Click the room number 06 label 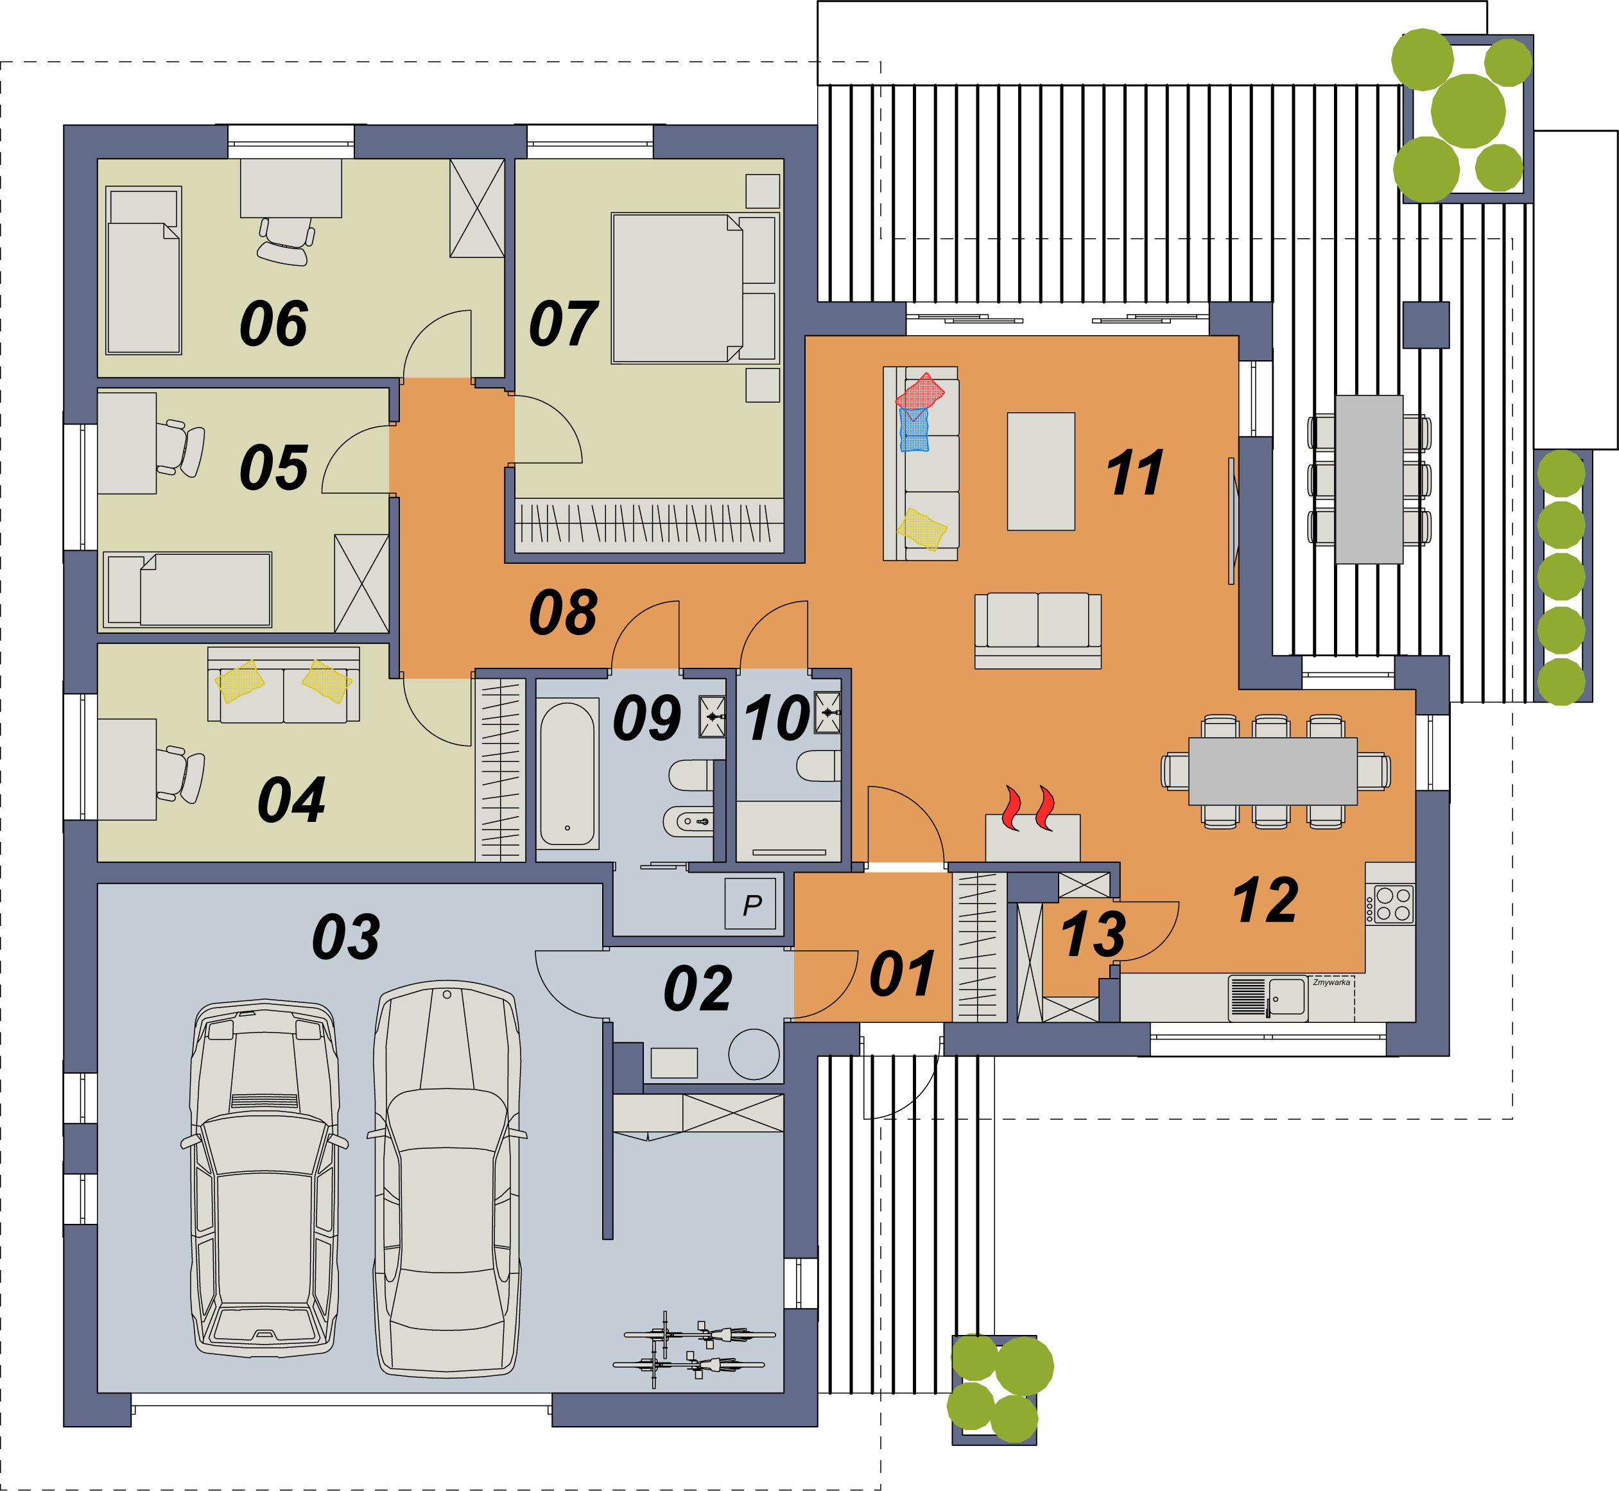click(x=273, y=324)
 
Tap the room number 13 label click(x=1093, y=934)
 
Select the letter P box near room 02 click(x=750, y=903)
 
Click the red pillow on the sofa click(x=920, y=391)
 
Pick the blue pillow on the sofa click(x=914, y=429)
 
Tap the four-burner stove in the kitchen click(x=1390, y=903)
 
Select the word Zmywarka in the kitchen click(x=1331, y=982)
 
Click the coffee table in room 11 click(x=1041, y=471)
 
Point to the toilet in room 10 click(x=818, y=765)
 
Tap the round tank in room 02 click(x=754, y=1054)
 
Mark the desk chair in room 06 click(x=286, y=240)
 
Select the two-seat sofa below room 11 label click(x=1037, y=631)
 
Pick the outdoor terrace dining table click(x=1369, y=479)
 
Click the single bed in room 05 click(x=188, y=589)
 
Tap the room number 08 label click(x=563, y=613)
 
